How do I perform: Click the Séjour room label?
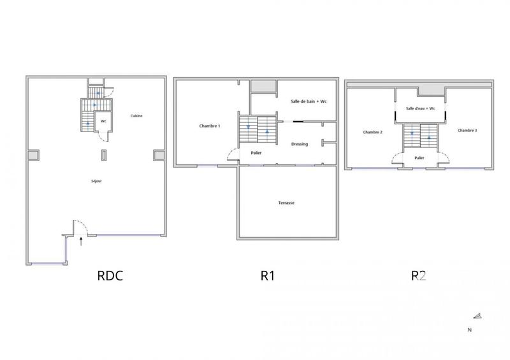(96, 181)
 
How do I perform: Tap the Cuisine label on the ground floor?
(136, 116)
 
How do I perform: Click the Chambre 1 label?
(210, 126)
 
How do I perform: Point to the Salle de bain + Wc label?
(309, 102)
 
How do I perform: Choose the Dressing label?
(300, 144)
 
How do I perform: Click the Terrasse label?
(286, 203)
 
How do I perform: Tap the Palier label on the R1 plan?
(256, 153)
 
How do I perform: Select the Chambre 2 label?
(373, 132)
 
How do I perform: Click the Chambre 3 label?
(467, 130)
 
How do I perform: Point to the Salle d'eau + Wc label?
(421, 108)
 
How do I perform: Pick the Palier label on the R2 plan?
(419, 157)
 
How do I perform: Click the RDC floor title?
(110, 276)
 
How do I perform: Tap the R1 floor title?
(268, 276)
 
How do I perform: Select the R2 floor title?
(418, 276)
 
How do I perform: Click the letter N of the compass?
(470, 329)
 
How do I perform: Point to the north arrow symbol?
(477, 316)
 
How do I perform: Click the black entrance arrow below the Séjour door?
(81, 241)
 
